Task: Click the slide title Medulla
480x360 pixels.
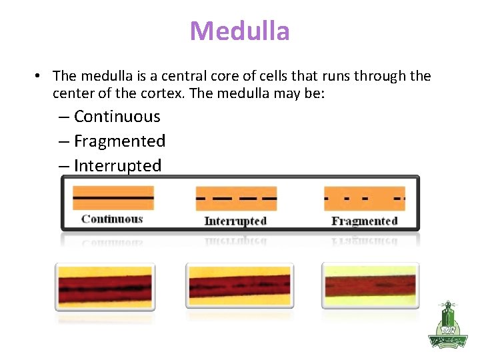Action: [x=239, y=31]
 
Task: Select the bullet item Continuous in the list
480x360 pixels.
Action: [x=117, y=117]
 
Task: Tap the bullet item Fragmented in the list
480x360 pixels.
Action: [x=119, y=141]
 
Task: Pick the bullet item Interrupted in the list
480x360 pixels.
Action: [x=117, y=166]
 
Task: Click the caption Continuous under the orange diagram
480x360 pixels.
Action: [x=112, y=219]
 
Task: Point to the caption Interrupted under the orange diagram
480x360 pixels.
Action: [x=235, y=221]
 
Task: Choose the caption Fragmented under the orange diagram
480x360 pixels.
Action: [x=364, y=221]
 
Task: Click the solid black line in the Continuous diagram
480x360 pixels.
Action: [x=113, y=198]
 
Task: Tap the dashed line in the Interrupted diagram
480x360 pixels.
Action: [x=235, y=199]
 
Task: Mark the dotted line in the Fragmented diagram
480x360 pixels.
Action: [x=364, y=199]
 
